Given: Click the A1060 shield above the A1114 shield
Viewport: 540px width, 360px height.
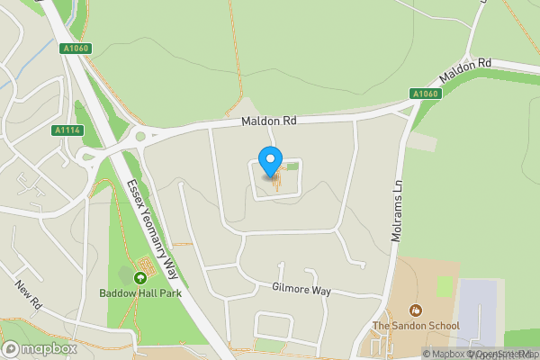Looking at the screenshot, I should pyautogui.click(x=77, y=49).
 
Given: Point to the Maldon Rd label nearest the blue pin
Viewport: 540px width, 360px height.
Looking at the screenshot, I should pyautogui.click(x=268, y=120).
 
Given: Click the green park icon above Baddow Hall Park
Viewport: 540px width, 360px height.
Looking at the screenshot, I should pyautogui.click(x=140, y=276).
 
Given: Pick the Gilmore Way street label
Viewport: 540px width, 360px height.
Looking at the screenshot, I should pyautogui.click(x=301, y=291).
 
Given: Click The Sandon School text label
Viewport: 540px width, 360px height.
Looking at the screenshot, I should pyautogui.click(x=416, y=326).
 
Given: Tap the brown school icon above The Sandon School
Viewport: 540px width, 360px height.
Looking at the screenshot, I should pyautogui.click(x=414, y=310).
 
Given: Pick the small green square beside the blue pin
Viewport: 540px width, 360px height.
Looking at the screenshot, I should pyautogui.click(x=292, y=166).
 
